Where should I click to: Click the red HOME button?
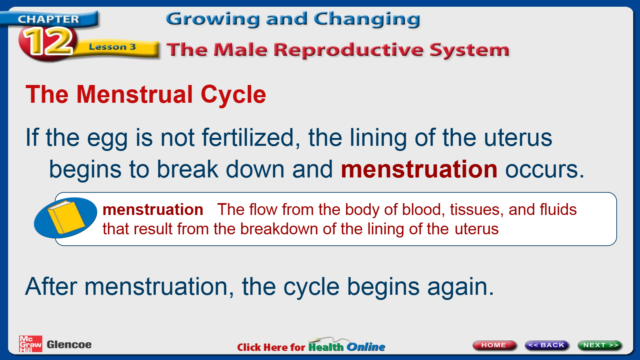[494, 345]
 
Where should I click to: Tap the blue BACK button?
[547, 345]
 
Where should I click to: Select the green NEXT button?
[600, 345]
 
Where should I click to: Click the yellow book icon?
[66, 217]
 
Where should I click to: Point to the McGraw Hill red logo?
[30, 344]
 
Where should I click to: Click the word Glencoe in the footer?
[69, 345]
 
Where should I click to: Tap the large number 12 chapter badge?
[48, 42]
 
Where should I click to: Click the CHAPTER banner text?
[48, 19]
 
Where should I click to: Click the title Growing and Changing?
[293, 19]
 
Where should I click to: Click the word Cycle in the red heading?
[233, 95]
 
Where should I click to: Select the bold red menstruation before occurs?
[419, 169]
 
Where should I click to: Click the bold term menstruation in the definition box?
[153, 210]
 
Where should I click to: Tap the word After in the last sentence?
[51, 286]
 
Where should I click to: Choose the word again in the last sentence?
[460, 287]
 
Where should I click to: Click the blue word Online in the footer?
[366, 347]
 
